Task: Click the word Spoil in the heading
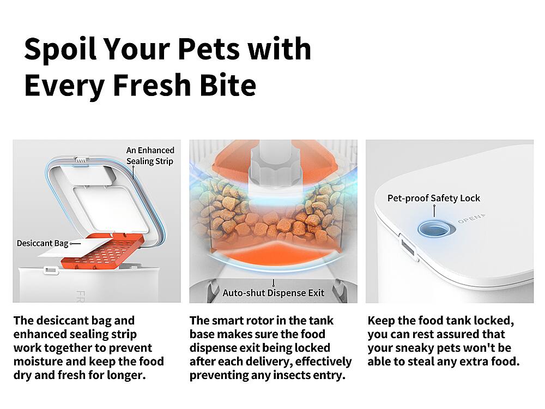[x=59, y=49]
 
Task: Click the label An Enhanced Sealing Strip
[x=150, y=155]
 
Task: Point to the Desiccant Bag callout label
[x=43, y=243]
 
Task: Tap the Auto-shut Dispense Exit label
[x=273, y=293]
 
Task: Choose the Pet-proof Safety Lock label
[x=434, y=198]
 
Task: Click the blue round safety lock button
[x=433, y=227]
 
